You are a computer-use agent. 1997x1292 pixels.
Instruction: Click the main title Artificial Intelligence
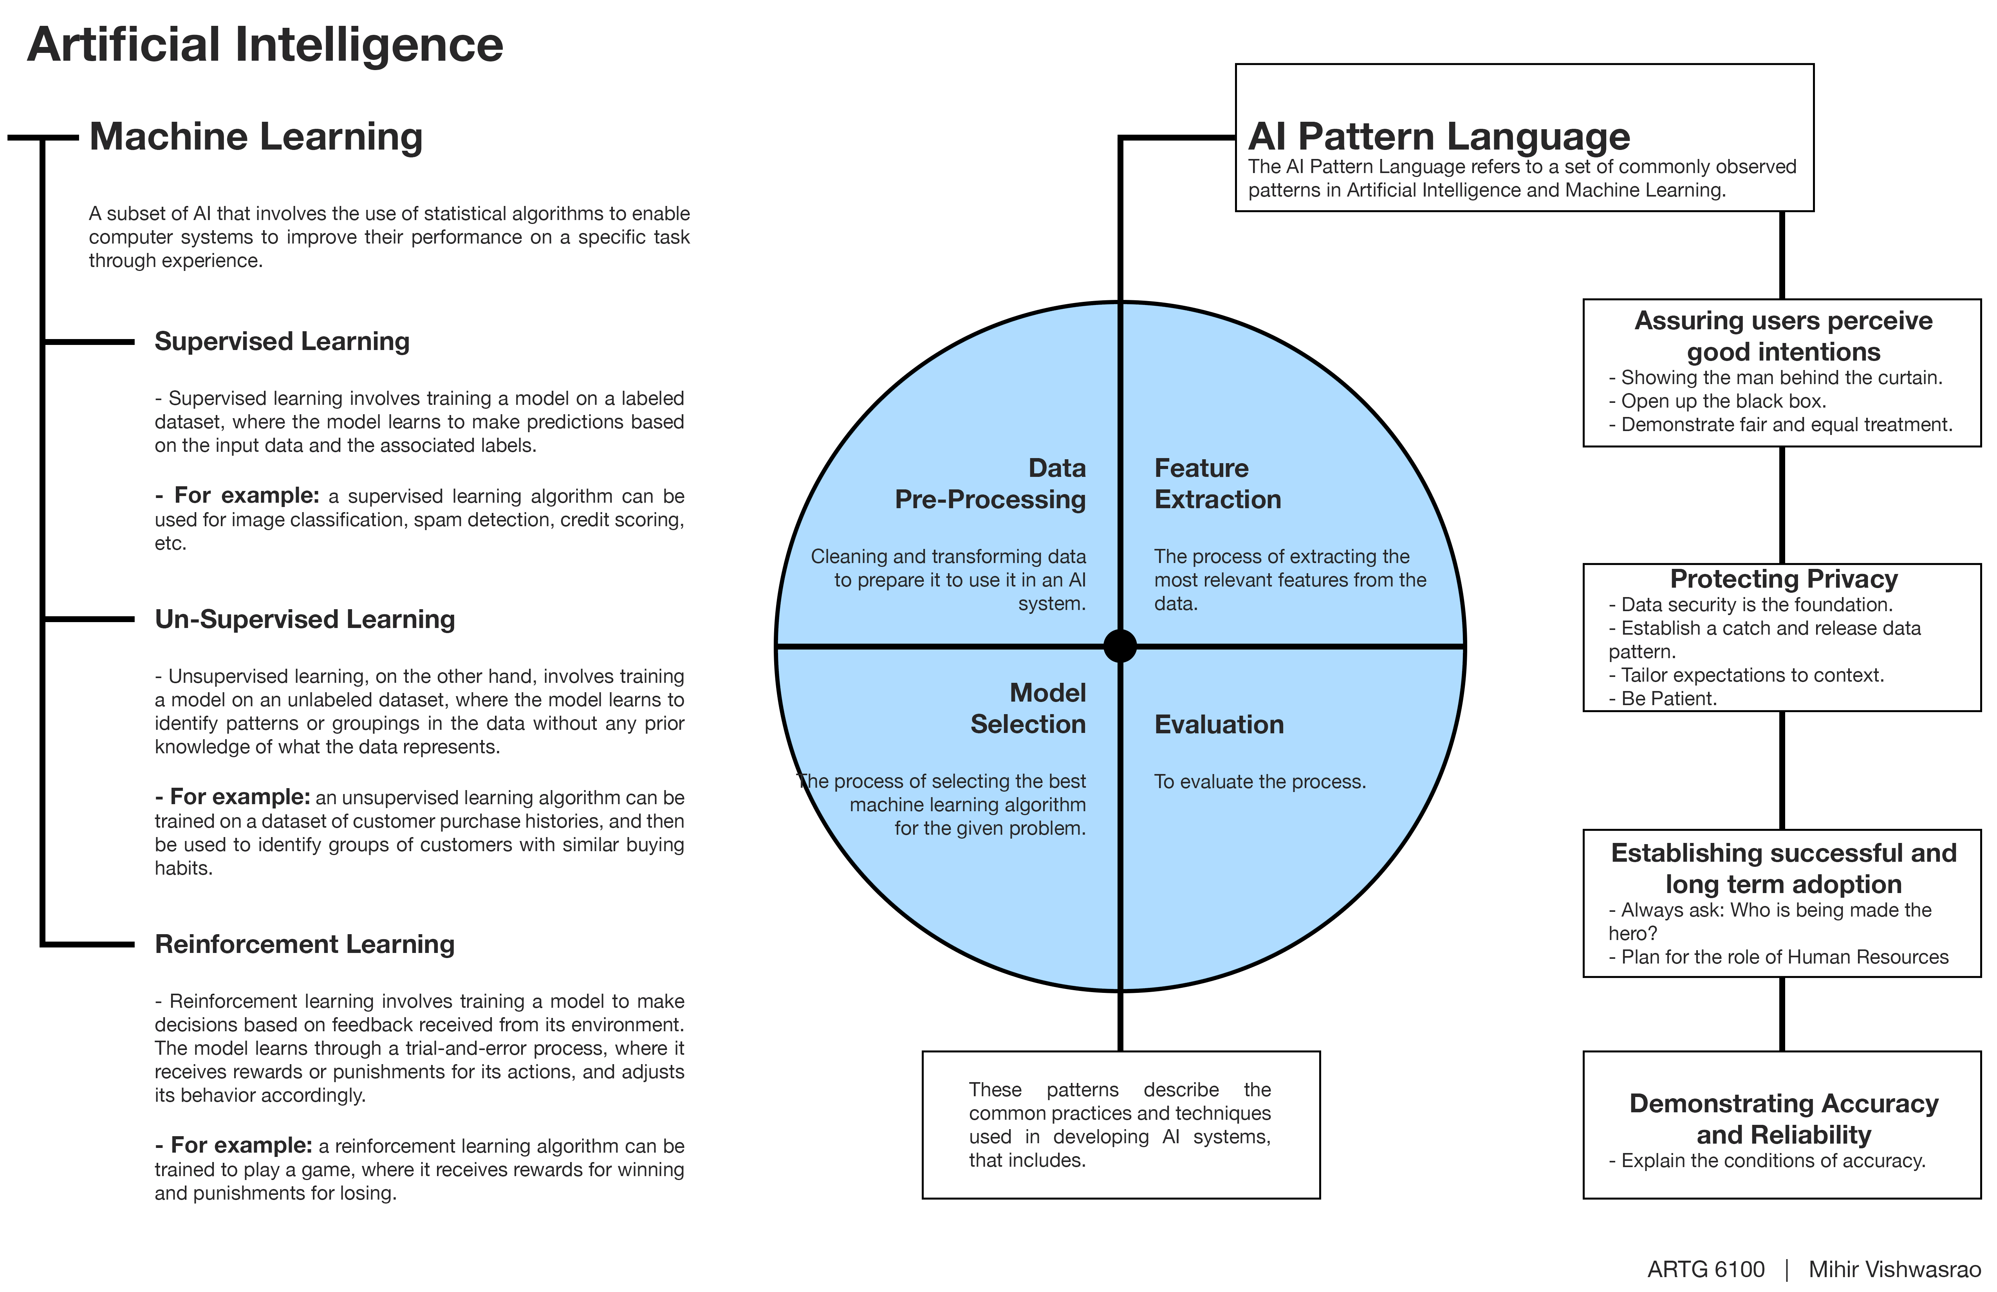pos(265,45)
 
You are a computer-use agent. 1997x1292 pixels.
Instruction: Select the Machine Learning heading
pos(256,137)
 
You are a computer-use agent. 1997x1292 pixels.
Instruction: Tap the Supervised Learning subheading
pos(282,341)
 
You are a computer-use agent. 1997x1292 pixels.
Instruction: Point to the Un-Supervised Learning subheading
pos(305,619)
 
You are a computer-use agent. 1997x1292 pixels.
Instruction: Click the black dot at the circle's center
pos(1120,646)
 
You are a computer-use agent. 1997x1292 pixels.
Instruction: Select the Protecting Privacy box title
pos(1783,579)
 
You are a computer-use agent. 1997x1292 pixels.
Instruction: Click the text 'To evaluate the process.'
pos(1259,782)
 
